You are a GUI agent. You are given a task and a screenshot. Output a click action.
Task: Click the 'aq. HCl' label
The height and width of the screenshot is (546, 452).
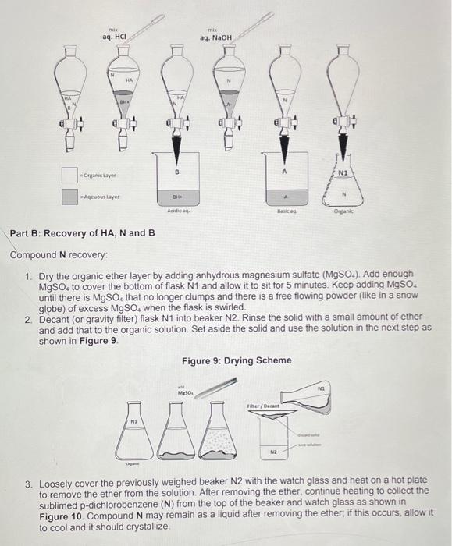pos(114,37)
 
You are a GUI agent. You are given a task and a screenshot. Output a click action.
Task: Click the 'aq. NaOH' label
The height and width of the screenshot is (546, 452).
pos(215,37)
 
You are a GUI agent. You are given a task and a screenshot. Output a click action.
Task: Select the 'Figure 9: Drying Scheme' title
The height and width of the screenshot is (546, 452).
pos(237,360)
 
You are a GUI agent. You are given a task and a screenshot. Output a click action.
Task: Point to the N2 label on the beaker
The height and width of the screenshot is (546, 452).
pos(275,451)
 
